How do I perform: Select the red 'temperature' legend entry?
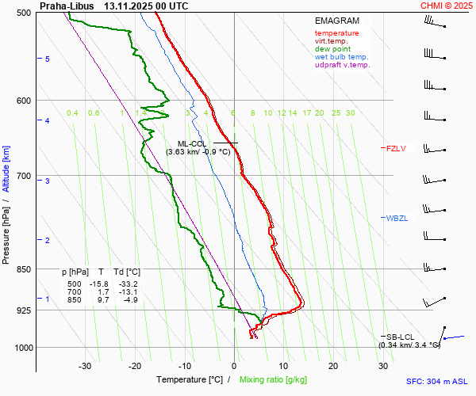click(x=336, y=33)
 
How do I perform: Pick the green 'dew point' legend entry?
click(x=333, y=49)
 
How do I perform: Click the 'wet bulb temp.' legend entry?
click(x=341, y=57)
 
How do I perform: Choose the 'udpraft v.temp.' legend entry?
click(x=342, y=65)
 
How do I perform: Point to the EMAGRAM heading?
click(x=337, y=21)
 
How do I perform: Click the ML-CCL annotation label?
click(x=192, y=143)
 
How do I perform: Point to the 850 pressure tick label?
click(x=22, y=269)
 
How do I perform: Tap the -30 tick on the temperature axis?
click(x=85, y=365)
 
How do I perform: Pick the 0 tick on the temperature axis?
click(x=234, y=365)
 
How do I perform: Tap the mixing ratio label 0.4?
click(x=72, y=113)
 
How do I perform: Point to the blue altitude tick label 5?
click(x=48, y=59)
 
